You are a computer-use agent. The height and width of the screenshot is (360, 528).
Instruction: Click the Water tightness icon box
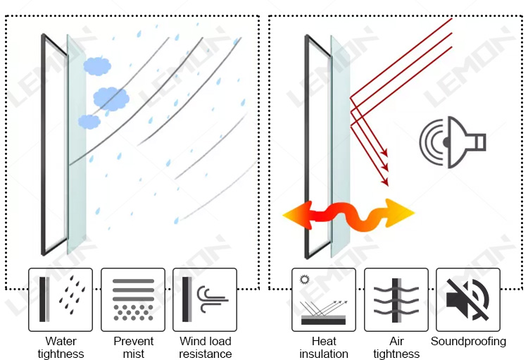coord(61,299)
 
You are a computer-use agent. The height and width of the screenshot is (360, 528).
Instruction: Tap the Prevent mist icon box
coord(133,299)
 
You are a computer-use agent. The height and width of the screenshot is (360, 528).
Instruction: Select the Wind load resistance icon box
coord(205,299)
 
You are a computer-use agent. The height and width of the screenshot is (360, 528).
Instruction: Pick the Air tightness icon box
coord(396,299)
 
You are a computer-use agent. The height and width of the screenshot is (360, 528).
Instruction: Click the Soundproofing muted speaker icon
coord(468,299)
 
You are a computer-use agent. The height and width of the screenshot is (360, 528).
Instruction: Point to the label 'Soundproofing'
coord(468,342)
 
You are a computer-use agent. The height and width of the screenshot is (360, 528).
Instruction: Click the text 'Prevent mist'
coord(133,347)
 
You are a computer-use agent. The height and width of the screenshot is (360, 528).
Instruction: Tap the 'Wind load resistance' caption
coord(205,347)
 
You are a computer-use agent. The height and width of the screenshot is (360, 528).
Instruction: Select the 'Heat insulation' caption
coord(324,347)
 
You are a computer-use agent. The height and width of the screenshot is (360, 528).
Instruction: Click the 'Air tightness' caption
coord(396,347)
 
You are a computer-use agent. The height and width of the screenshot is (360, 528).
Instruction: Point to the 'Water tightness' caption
coord(61,347)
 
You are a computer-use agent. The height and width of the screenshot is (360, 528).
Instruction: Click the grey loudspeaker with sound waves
coord(451,143)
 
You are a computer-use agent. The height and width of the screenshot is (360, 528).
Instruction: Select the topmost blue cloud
coord(97,66)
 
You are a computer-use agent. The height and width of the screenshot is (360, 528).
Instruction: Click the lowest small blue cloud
coord(89,121)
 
